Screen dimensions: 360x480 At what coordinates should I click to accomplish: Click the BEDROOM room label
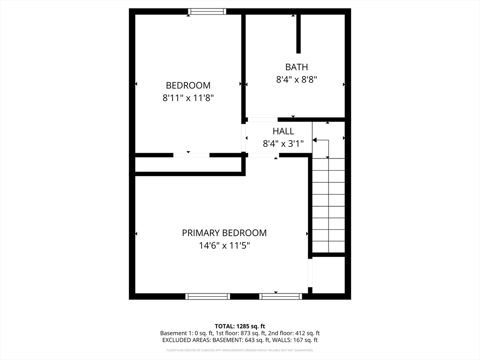click(188, 85)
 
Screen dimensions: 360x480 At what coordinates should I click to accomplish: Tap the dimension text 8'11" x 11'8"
click(188, 98)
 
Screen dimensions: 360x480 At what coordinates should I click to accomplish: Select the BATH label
click(296, 67)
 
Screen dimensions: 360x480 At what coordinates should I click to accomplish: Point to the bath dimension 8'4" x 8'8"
click(296, 80)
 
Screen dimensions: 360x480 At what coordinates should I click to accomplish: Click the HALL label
click(283, 131)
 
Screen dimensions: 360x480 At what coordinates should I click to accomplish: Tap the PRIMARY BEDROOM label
click(224, 233)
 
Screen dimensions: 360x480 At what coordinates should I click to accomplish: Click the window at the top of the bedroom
click(207, 12)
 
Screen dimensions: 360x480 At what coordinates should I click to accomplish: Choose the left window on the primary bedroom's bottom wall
click(208, 296)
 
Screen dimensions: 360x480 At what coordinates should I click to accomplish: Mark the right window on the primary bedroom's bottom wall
click(281, 296)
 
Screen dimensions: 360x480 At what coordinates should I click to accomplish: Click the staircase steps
click(329, 206)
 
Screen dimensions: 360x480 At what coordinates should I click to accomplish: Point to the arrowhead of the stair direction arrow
click(315, 140)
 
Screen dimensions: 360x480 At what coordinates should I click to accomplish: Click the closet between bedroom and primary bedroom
click(187, 165)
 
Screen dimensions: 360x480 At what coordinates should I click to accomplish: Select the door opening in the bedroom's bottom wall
click(191, 155)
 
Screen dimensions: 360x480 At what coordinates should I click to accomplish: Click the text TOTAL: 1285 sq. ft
click(240, 326)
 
